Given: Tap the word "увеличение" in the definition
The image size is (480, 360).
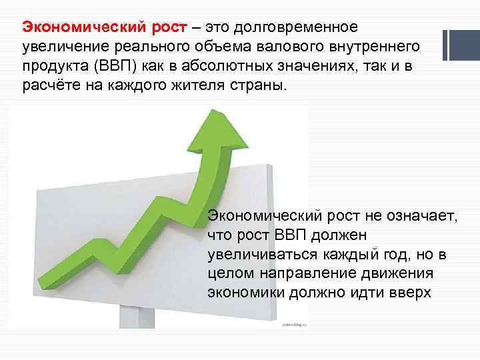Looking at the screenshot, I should [60, 48].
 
